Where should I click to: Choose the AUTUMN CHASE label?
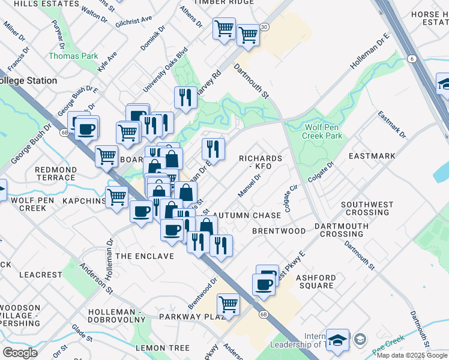click(247, 215)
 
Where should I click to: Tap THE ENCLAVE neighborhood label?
click(144, 256)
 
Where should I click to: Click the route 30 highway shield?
click(265, 27)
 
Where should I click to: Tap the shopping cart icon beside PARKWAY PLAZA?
click(229, 304)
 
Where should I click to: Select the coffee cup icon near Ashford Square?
click(263, 284)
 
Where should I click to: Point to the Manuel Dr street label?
click(251, 183)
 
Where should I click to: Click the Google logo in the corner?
click(20, 353)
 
